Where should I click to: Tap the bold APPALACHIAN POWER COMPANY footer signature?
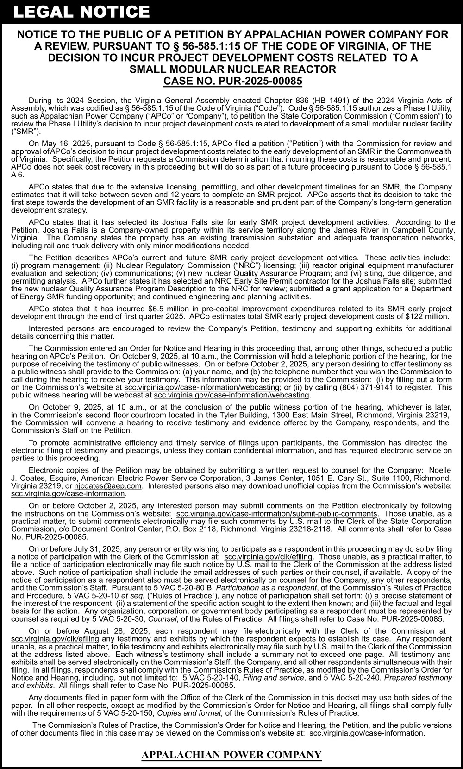tap(231, 755)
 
